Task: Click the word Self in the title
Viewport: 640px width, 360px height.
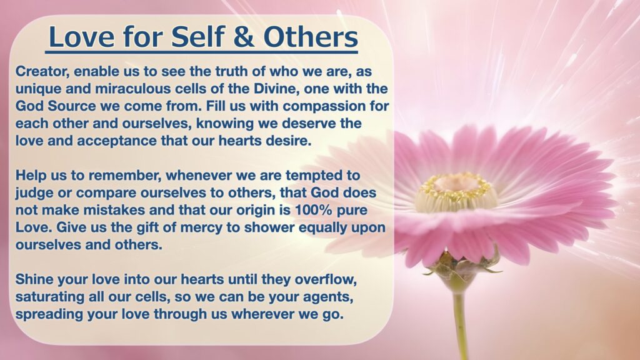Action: point(197,37)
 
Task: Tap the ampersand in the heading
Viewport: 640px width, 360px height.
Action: point(244,37)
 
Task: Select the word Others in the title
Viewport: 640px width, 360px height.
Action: point(311,37)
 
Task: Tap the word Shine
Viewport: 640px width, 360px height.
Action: point(34,279)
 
